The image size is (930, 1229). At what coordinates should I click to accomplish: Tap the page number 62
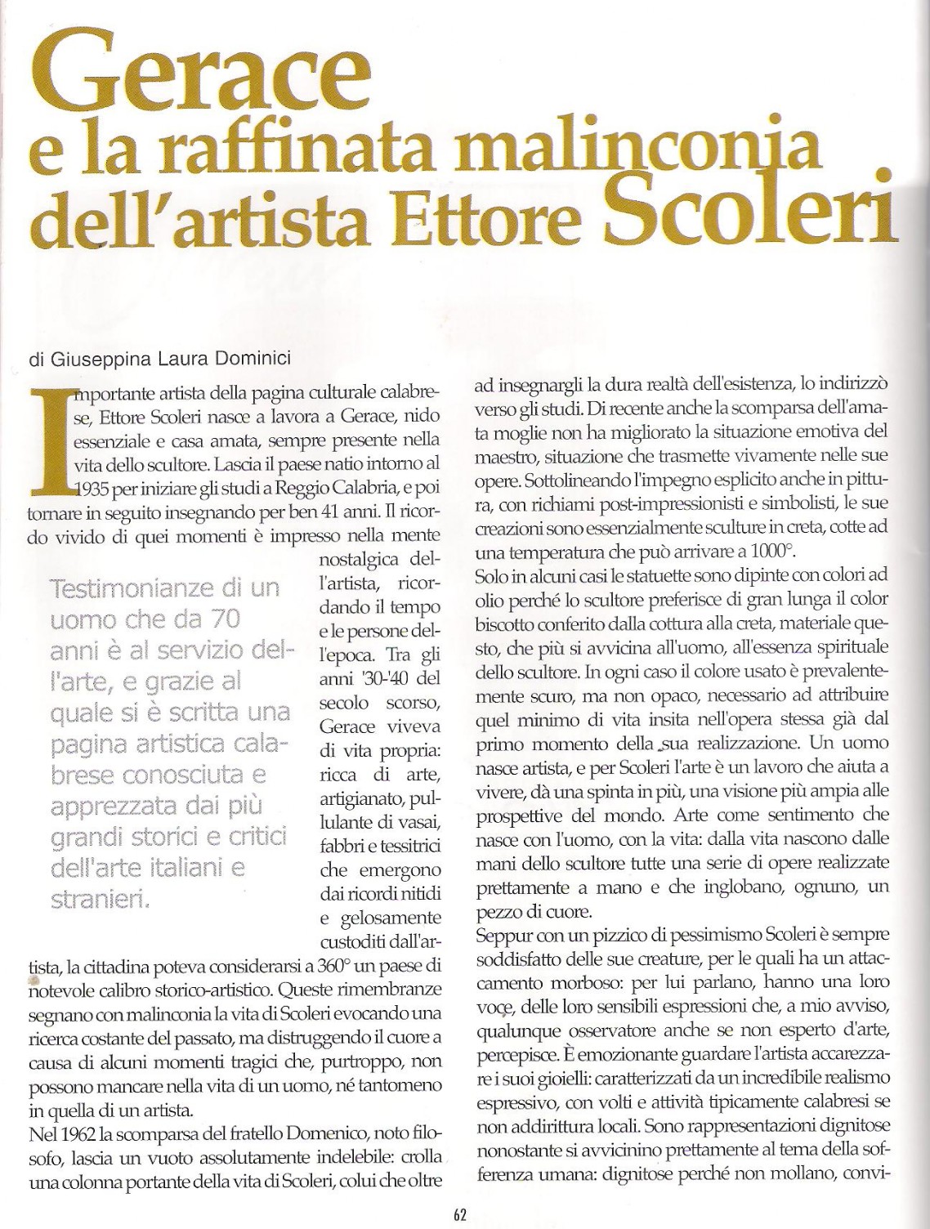(x=459, y=1214)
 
